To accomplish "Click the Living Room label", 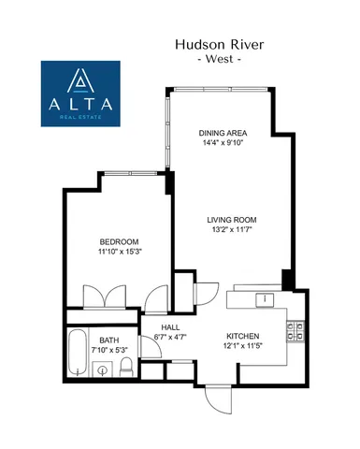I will coord(231,221).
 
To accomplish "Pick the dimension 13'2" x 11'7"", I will coord(231,231).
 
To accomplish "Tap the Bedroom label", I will coord(119,240).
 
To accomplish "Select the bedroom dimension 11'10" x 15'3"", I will coord(119,252).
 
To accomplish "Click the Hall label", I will coord(171,327).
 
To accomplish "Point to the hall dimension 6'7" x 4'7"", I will coord(171,338).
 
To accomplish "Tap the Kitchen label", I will coord(242,336).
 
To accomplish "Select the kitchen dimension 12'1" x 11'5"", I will coord(242,346).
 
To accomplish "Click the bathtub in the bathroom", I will coord(77,354).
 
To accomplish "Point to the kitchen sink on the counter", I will coord(266,299).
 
